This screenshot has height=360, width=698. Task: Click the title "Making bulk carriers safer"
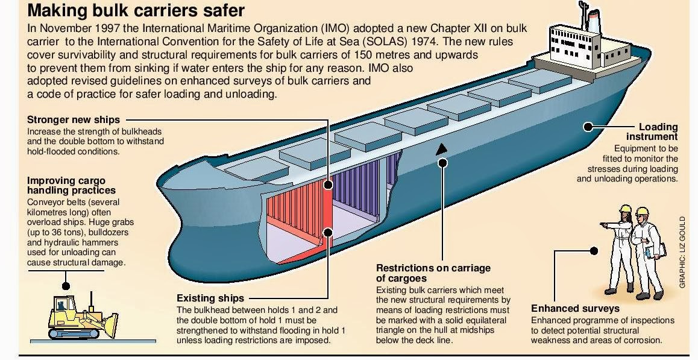point(136,11)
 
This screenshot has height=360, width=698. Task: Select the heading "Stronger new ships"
point(74,119)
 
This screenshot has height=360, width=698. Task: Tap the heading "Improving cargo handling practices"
point(66,185)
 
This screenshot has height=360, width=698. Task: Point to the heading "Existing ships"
point(210,298)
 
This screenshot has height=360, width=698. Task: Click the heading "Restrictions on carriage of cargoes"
point(433,273)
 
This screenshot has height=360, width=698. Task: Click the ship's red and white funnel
point(594,22)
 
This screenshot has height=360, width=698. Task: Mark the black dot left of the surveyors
point(594,250)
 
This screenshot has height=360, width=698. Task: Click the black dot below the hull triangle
point(443,162)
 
